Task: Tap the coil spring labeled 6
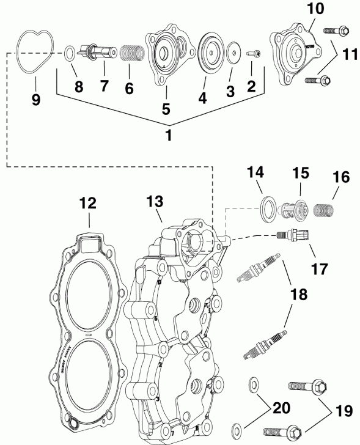click(130, 56)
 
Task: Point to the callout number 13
click(155, 201)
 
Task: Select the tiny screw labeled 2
click(254, 54)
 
